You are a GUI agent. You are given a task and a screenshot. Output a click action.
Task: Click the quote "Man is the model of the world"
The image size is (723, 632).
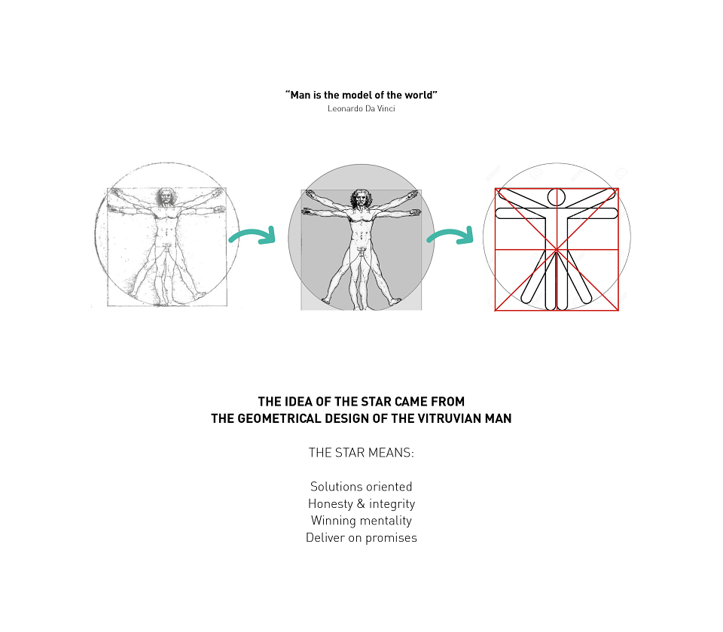[x=361, y=95]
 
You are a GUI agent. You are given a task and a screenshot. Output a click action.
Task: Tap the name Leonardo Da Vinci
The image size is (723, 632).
[x=361, y=108]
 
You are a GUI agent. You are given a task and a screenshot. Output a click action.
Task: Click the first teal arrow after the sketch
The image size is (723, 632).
[x=253, y=235]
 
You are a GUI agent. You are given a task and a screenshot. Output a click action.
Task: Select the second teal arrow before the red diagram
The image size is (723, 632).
[x=450, y=235]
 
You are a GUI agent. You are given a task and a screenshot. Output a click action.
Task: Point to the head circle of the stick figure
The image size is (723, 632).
[x=556, y=197]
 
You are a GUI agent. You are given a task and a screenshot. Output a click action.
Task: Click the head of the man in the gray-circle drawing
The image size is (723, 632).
[x=361, y=199]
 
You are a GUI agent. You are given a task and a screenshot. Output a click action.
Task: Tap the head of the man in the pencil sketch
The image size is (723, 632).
[x=166, y=196]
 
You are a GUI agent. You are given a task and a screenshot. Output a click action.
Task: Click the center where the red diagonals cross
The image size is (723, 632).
[x=557, y=249]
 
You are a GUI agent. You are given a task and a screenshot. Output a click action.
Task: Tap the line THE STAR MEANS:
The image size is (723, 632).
[x=361, y=453]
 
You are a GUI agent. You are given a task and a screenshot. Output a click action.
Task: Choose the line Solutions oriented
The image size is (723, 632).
[x=361, y=487]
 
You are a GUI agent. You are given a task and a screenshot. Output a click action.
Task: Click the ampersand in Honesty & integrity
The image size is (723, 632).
[x=361, y=503]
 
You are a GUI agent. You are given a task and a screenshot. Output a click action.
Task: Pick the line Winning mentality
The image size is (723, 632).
[x=361, y=521]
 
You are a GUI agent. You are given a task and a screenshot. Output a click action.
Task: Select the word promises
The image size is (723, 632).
[x=391, y=538]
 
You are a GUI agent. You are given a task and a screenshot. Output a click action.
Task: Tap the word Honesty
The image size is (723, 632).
[x=330, y=504]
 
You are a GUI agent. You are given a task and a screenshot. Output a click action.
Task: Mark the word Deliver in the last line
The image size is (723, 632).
[x=325, y=537]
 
